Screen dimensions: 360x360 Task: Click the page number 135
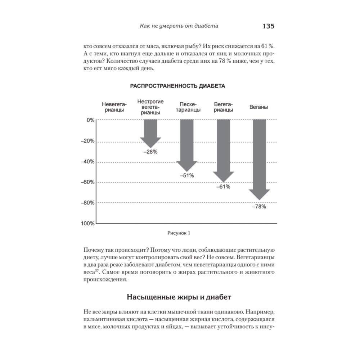pos(269,26)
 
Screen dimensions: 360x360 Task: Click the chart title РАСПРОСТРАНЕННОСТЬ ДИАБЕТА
pos(177,86)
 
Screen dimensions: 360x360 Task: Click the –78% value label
pos(259,207)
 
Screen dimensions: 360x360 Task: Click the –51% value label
pos(186,175)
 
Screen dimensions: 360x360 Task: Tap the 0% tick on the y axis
pos(90,120)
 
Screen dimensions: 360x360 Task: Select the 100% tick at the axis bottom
pos(87,224)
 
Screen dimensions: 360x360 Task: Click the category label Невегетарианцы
pos(114,107)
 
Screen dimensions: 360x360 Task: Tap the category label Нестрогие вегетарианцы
pos(150,107)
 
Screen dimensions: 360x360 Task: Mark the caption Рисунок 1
pos(179,233)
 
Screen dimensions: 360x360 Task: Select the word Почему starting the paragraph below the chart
pos(94,250)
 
